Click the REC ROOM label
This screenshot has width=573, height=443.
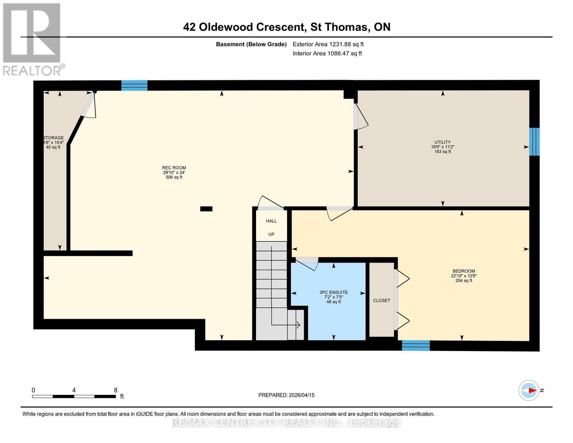pyautogui.click(x=174, y=168)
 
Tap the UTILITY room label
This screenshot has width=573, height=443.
pyautogui.click(x=442, y=142)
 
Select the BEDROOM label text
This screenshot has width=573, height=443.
pyautogui.click(x=464, y=271)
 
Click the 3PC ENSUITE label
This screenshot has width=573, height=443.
pyautogui.click(x=334, y=292)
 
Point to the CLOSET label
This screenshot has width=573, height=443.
pyautogui.click(x=382, y=301)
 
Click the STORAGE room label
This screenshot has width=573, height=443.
pyautogui.click(x=53, y=138)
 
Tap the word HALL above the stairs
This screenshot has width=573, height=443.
pyautogui.click(x=271, y=221)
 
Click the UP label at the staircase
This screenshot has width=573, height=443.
pyautogui.click(x=271, y=234)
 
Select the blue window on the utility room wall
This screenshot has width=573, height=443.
pyautogui.click(x=534, y=142)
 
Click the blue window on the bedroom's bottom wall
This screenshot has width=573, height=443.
pyautogui.click(x=416, y=346)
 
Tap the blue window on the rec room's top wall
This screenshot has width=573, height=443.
pyautogui.click(x=134, y=85)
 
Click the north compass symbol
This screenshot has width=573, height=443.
pyautogui.click(x=529, y=390)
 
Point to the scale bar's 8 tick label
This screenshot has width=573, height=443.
pyautogui.click(x=115, y=390)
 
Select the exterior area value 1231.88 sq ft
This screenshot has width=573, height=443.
pyautogui.click(x=346, y=44)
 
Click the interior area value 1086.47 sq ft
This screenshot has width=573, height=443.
pyautogui.click(x=344, y=54)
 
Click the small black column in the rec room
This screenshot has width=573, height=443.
pyautogui.click(x=206, y=209)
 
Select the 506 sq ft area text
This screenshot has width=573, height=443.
pyautogui.click(x=174, y=177)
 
